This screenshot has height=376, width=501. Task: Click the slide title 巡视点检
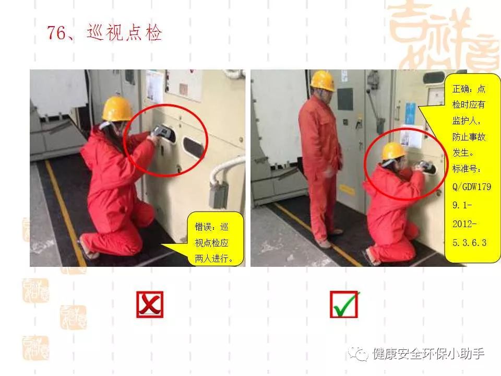tap(124, 32)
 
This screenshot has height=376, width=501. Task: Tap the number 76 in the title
tap(57, 32)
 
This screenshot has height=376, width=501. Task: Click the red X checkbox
tap(150, 304)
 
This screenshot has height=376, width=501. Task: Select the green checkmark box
tap(344, 304)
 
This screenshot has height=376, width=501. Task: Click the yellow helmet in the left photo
tap(117, 109)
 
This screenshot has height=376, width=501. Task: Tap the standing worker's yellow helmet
tap(323, 80)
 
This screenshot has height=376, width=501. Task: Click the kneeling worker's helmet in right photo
tap(393, 151)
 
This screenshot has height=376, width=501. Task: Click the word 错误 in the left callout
tap(203, 227)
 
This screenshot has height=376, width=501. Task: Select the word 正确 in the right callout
tap(460, 89)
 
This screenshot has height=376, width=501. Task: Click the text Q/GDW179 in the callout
tap(472, 186)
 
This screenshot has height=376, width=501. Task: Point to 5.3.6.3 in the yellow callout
tap(469, 243)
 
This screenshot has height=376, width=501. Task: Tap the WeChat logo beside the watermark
tap(358, 354)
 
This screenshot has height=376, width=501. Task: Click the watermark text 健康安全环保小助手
tap(428, 354)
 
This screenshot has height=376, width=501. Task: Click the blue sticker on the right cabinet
tap(410, 113)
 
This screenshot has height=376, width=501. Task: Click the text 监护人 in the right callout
tap(464, 121)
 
